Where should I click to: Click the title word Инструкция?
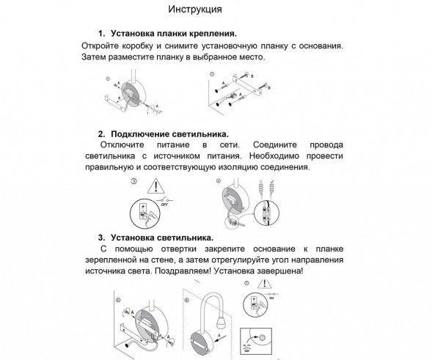pyautogui.click(x=195, y=10)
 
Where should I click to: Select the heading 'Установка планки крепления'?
pyautogui.click(x=173, y=34)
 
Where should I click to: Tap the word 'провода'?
pyautogui.click(x=326, y=146)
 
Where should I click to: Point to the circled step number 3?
pyautogui.click(x=133, y=180)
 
